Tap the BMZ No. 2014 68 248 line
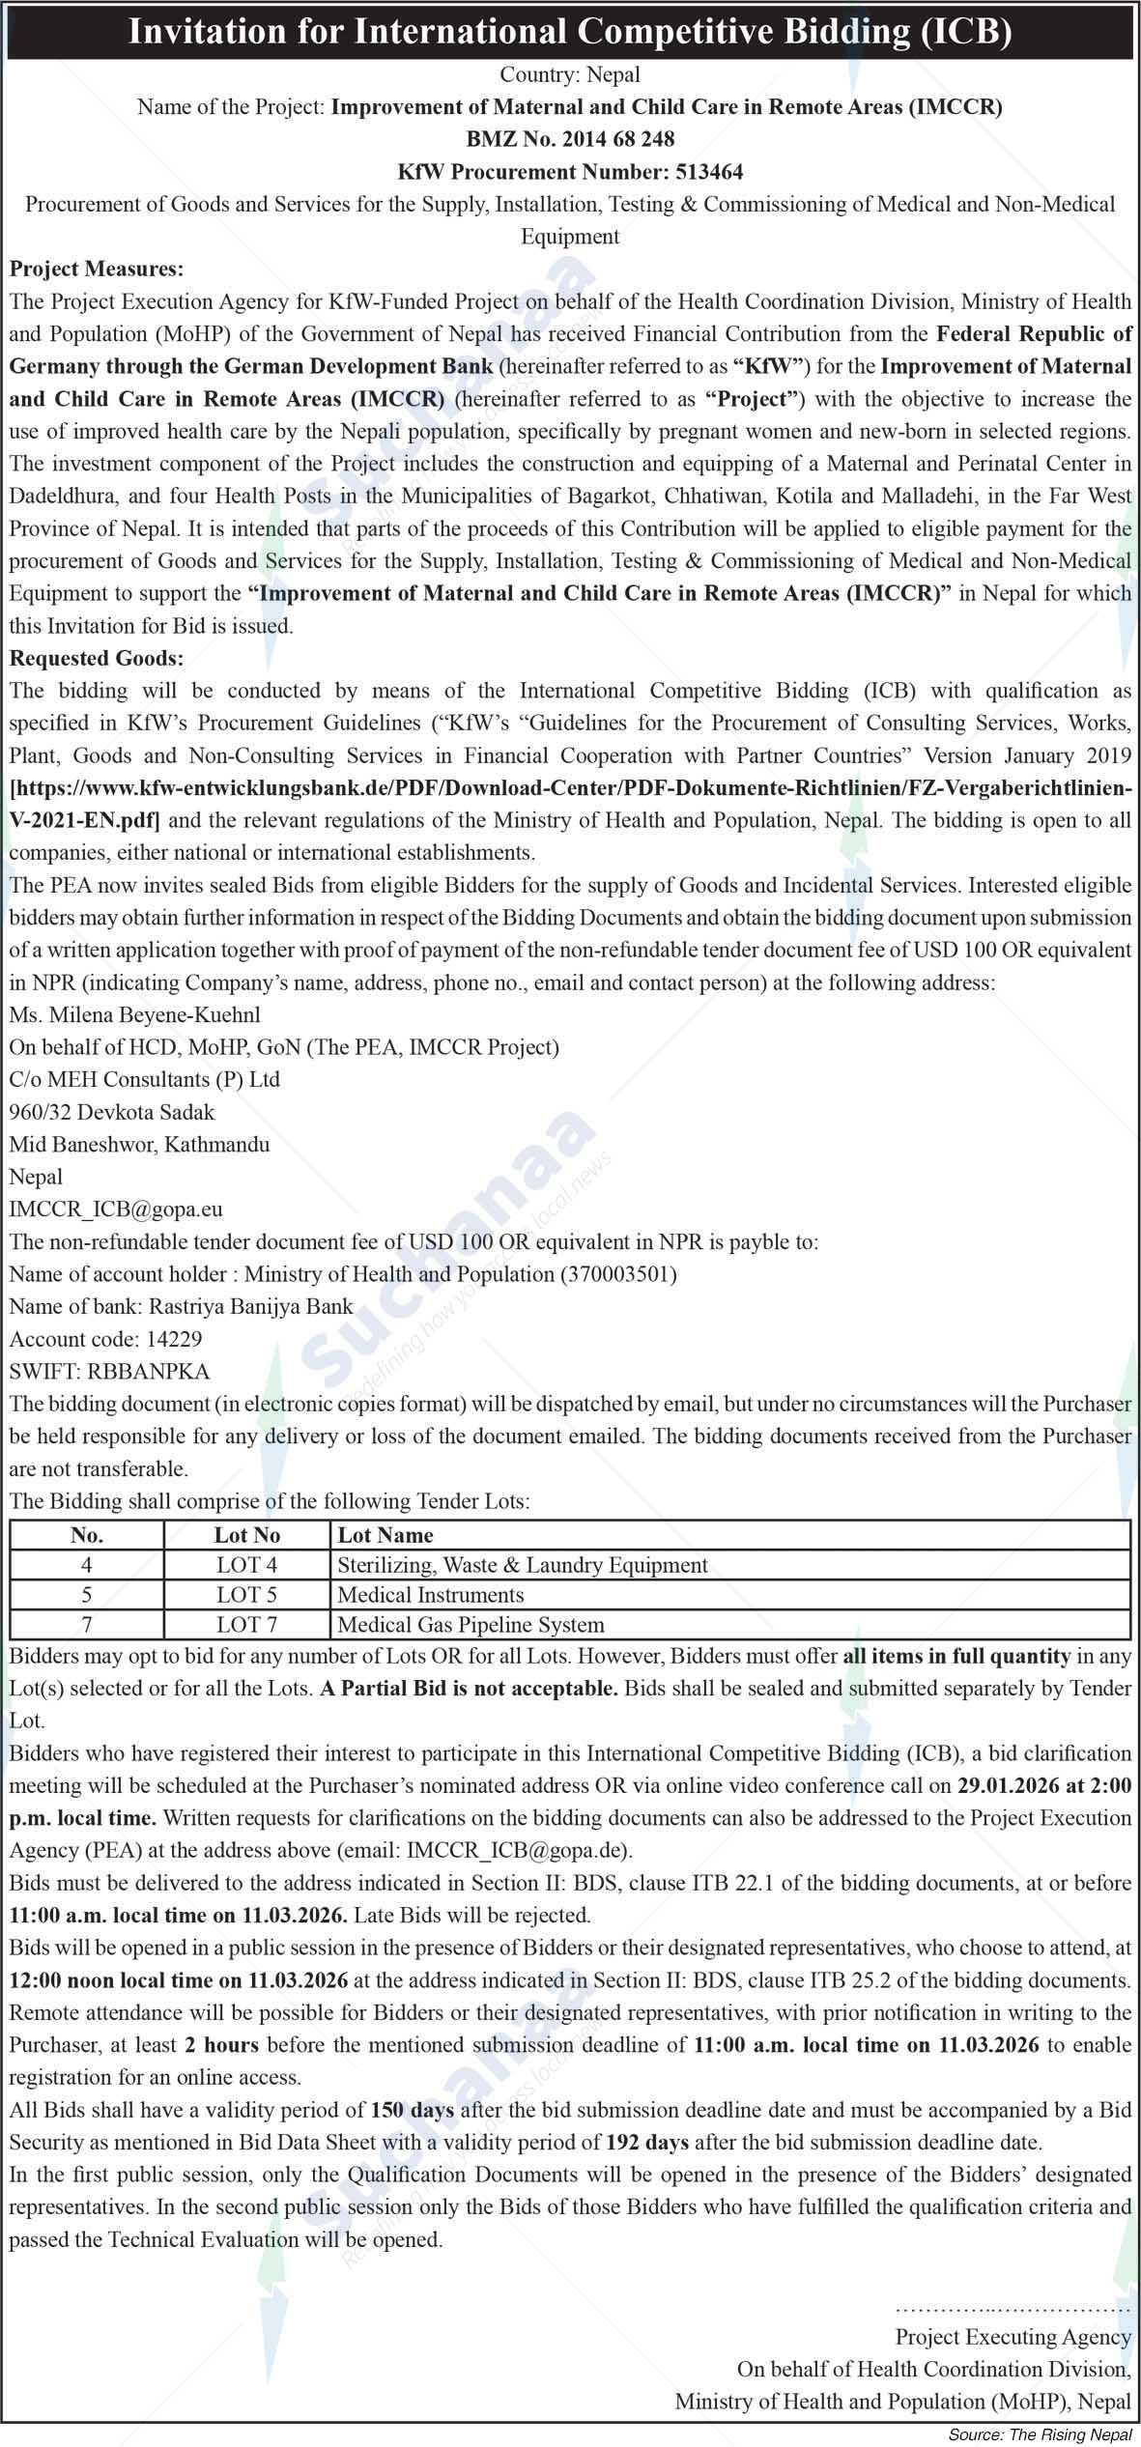tap(570, 139)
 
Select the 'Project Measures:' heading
tap(97, 269)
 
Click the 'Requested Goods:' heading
tap(97, 658)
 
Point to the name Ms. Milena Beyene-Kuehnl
tap(134, 1014)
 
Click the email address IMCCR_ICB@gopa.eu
tap(116, 1209)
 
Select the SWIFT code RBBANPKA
tap(109, 1371)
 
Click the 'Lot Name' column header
tap(385, 1535)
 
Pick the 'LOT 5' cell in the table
tap(246, 1595)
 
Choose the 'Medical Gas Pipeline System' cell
tap(471, 1625)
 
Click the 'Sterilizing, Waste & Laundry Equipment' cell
tap(522, 1565)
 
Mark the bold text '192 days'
tap(647, 2142)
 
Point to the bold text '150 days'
tap(413, 2110)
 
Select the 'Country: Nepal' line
tap(570, 74)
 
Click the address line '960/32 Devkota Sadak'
tap(112, 1112)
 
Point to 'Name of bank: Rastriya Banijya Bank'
tap(181, 1306)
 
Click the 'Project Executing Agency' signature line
tap(1013, 2336)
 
